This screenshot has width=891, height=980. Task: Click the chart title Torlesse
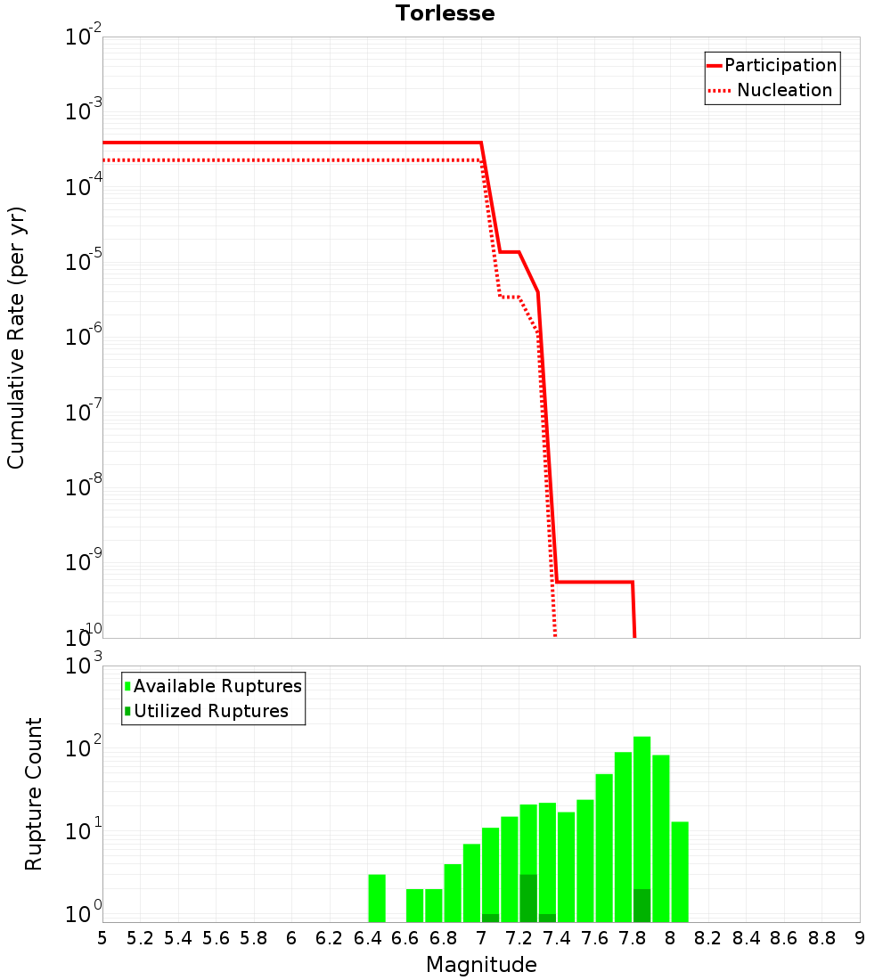[445, 13]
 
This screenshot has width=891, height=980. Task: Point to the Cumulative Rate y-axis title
[16, 337]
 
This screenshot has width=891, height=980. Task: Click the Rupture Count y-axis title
[34, 794]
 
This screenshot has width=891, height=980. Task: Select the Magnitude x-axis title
[481, 964]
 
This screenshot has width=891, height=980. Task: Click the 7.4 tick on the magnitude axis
[557, 938]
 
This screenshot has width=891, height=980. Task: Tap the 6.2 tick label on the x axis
[330, 938]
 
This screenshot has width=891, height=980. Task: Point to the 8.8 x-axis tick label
[822, 938]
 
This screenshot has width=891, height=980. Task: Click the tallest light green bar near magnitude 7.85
[642, 802]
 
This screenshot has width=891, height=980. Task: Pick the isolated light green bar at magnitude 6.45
[377, 898]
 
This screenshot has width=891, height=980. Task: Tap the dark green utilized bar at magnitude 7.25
[528, 898]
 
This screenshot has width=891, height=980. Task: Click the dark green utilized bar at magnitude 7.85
[642, 905]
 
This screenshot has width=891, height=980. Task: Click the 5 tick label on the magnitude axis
[102, 938]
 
